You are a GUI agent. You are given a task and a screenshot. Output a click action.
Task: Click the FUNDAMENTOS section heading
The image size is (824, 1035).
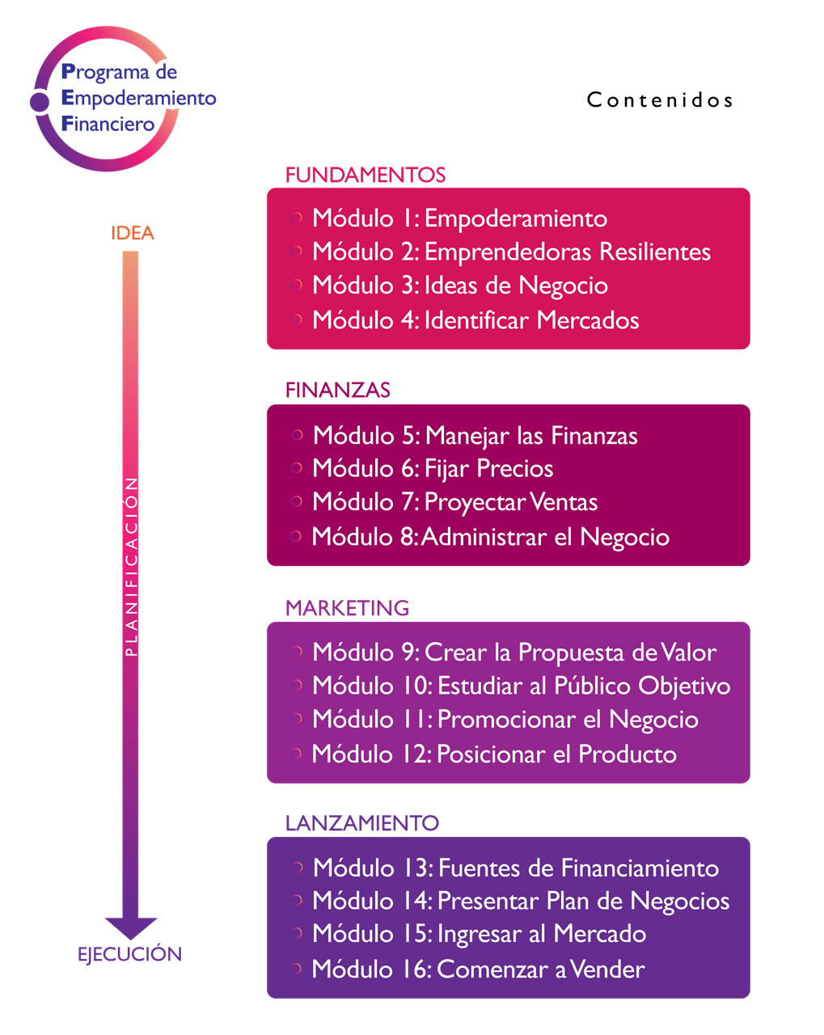(366, 175)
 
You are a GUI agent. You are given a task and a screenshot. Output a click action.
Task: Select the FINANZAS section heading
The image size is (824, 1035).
(338, 390)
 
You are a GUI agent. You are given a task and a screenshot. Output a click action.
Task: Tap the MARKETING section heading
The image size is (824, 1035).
(347, 607)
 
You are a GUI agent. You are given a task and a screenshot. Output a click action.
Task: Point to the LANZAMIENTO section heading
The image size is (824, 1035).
(362, 823)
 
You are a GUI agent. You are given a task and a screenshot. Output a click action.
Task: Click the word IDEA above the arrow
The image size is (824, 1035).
(133, 233)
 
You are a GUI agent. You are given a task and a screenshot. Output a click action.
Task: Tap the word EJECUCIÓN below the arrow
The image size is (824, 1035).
(129, 954)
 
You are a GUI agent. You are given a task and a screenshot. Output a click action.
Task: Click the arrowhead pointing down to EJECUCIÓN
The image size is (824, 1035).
(130, 927)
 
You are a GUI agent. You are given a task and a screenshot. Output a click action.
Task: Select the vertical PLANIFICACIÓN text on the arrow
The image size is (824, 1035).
(131, 566)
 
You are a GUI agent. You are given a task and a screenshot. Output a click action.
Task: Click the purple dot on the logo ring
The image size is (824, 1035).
(39, 102)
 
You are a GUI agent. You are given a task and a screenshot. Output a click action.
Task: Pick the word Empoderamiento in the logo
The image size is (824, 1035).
(139, 98)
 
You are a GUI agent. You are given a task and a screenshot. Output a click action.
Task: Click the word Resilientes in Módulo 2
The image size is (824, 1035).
(655, 252)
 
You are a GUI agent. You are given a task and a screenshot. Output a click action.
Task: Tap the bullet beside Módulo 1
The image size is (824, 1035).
(297, 218)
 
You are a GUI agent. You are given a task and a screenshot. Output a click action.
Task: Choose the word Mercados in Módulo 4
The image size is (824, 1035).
(588, 320)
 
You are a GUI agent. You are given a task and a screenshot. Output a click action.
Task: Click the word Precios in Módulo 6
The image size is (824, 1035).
(515, 469)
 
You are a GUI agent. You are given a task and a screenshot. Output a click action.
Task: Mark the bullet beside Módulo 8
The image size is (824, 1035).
(297, 535)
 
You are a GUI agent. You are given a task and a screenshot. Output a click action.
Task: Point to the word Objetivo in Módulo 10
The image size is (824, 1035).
(684, 686)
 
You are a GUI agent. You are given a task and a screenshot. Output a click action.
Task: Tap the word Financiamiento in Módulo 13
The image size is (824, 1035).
(640, 868)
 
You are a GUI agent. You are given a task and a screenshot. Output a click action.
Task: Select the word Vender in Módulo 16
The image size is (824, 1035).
(607, 969)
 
